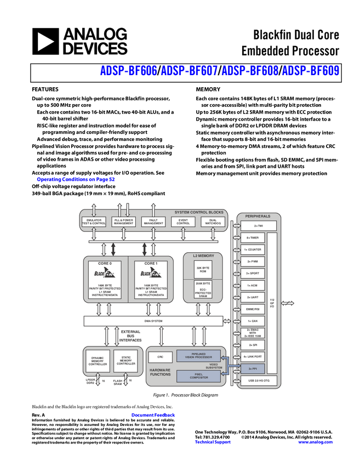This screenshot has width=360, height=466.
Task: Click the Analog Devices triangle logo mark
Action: coord(46,42)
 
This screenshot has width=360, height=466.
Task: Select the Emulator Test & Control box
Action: coord(94,221)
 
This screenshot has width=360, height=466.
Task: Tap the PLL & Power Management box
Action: coord(123,221)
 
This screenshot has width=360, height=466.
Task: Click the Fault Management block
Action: coord(153,221)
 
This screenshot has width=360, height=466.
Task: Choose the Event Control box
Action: coord(183,221)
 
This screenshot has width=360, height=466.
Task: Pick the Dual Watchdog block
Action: coord(213,221)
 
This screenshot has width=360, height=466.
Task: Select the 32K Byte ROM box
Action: coord(202,269)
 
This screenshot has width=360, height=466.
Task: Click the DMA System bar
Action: coord(154,321)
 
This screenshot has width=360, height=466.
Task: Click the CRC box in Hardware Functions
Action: coord(161,357)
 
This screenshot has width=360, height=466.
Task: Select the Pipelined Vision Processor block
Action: coord(198,356)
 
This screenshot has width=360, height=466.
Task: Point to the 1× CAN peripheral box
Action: coord(253,321)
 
